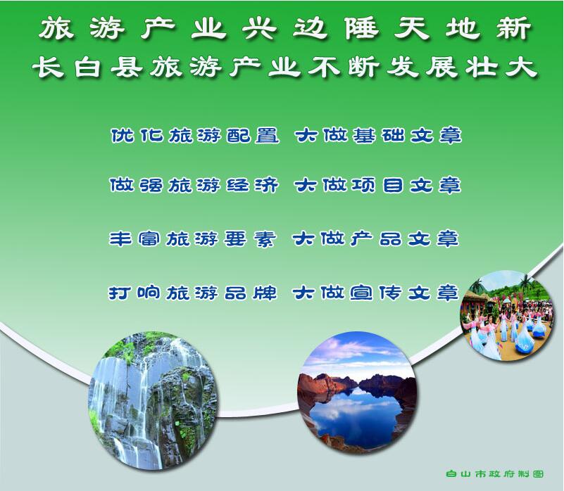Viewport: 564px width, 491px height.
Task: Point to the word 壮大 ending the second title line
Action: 501,67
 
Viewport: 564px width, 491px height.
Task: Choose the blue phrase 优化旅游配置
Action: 194,136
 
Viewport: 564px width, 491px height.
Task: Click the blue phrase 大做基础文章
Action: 378,136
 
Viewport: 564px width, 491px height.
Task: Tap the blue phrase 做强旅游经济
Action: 194,186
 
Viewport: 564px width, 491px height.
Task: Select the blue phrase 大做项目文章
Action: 377,186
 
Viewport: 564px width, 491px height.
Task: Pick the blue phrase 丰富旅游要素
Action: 192,238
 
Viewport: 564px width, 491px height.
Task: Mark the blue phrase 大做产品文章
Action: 375,238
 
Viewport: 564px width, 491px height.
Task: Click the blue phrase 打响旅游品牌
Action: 193,293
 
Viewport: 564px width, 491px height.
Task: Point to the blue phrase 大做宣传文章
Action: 375,293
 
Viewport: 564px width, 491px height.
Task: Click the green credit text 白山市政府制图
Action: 494,473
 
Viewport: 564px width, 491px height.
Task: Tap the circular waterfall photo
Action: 153,402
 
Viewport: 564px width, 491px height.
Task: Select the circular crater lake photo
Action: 358,392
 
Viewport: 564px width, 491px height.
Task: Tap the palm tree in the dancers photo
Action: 527,283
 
